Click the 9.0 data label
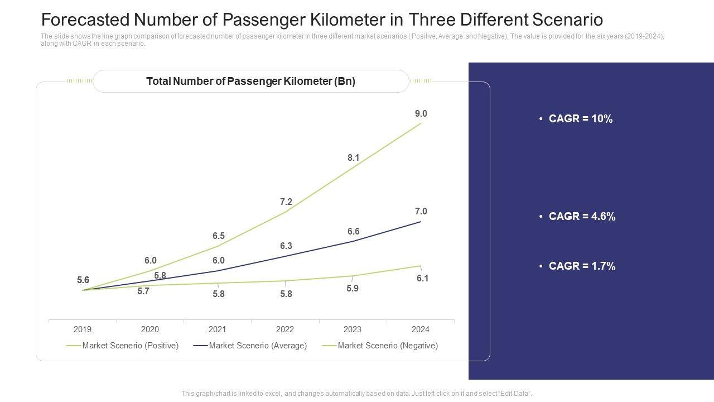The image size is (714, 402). tap(421, 114)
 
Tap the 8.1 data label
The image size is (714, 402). tap(353, 158)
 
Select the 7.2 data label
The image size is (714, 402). tap(286, 202)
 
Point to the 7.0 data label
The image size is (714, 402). tap(421, 212)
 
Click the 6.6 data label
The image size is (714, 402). tap(353, 232)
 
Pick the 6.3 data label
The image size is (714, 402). tap(286, 246)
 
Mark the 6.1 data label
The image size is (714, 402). tap(422, 279)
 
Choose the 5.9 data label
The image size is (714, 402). tap(352, 289)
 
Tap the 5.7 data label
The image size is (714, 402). tap(143, 291)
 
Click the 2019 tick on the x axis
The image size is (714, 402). tap(83, 329)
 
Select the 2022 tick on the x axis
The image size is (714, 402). tap(285, 329)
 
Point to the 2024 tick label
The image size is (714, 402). tap(420, 329)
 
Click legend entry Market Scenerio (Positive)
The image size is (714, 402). tap(130, 346)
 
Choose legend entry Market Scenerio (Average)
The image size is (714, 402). tap(258, 346)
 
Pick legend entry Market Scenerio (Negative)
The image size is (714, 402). tap(388, 346)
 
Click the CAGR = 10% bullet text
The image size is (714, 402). tap(581, 119)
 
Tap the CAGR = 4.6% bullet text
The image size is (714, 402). tap(582, 217)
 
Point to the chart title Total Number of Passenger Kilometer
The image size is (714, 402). tap(250, 82)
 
